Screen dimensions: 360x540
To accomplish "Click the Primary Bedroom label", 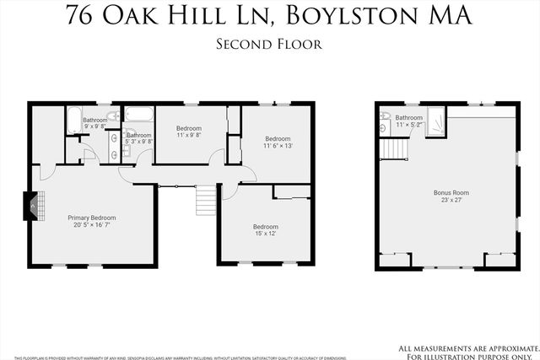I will (91, 218).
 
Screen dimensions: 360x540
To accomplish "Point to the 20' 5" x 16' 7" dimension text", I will (91, 225).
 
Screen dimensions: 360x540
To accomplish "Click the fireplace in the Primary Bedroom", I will (30, 205).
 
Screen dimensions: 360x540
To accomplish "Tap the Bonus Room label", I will (451, 193).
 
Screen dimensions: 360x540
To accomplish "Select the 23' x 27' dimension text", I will (451, 201).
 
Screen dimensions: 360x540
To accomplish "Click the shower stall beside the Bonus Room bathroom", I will (436, 123).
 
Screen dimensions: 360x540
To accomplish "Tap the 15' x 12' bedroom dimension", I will (266, 234).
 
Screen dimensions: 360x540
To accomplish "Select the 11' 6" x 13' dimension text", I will (278, 146).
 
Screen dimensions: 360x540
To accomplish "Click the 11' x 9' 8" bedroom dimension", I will (189, 135).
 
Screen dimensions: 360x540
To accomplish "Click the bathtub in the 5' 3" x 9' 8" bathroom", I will (136, 112).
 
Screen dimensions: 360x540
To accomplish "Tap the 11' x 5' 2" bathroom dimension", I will (409, 125).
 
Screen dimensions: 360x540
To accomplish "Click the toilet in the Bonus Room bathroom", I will (384, 117).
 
